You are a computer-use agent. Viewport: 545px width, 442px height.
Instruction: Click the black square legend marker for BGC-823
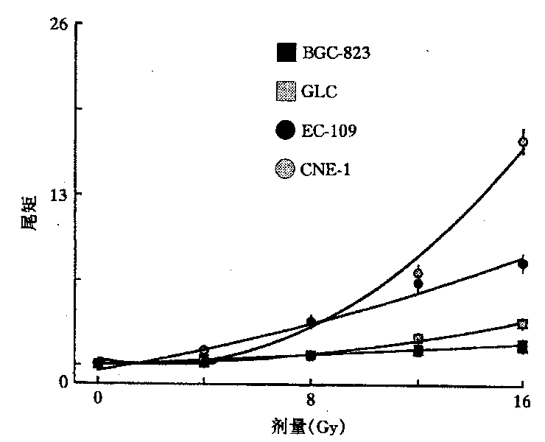click(284, 53)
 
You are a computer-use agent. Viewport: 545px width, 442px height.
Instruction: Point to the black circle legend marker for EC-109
click(284, 131)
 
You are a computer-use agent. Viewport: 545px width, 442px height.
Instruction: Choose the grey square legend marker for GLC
click(284, 92)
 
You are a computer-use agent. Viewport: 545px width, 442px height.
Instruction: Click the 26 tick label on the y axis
click(59, 24)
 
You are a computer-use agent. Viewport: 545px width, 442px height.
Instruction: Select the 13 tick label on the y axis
click(59, 194)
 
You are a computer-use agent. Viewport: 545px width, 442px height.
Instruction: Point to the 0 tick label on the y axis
click(65, 382)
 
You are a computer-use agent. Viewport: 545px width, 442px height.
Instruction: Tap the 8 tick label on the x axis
click(311, 401)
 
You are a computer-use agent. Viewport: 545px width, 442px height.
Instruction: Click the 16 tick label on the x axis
click(521, 401)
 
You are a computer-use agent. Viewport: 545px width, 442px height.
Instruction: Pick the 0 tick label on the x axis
click(98, 401)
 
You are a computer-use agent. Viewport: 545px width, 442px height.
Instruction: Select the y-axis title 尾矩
click(27, 214)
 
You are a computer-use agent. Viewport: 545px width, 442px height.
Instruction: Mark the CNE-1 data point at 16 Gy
click(523, 142)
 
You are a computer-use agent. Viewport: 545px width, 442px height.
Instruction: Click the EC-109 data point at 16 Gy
click(523, 264)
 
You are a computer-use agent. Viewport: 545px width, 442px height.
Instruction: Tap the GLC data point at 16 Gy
click(523, 324)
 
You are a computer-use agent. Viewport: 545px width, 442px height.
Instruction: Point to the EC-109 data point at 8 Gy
click(311, 322)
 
